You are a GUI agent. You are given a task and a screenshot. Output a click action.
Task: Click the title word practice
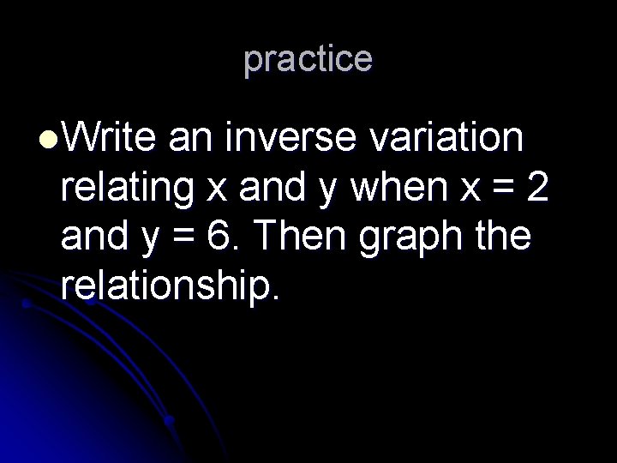click(308, 59)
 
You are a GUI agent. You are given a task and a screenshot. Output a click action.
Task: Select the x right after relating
click(219, 190)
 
